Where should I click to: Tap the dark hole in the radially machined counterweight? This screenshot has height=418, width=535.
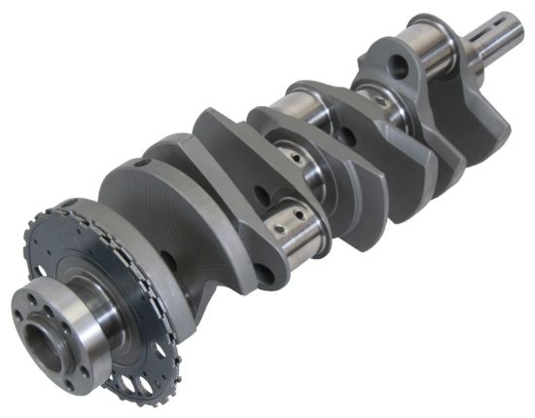pos(170,260)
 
